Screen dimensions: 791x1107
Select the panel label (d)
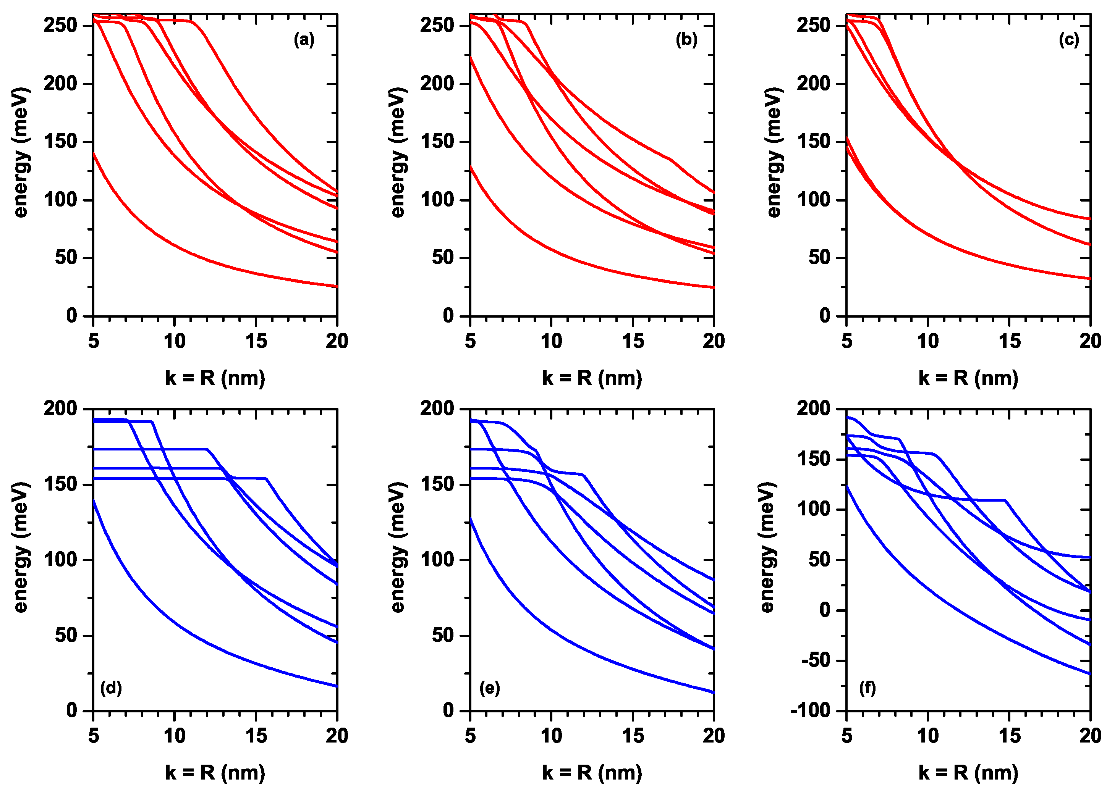[111, 688]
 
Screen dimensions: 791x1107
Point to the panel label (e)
[490, 688]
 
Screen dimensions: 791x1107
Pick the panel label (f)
[867, 688]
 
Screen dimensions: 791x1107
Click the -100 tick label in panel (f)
[815, 710]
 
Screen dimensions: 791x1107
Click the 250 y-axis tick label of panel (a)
[60, 25]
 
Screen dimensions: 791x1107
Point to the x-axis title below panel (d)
[215, 773]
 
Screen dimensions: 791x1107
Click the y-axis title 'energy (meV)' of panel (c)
[774, 152]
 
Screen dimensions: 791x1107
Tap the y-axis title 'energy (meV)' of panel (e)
[398, 547]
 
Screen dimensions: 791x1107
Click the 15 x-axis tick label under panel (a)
[256, 341]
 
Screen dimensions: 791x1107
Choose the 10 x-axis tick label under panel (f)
[928, 736]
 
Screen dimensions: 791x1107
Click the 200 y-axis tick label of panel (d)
[60, 408]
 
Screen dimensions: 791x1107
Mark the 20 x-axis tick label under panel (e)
[713, 736]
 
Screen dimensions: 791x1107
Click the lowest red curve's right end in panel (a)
[336, 286]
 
